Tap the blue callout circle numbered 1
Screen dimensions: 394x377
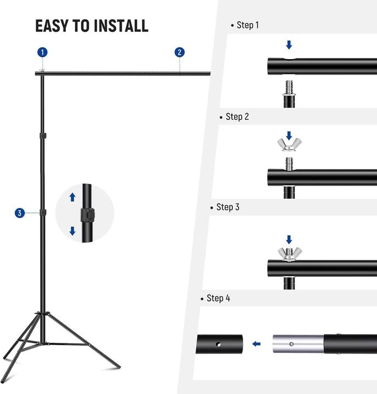pyautogui.click(x=42, y=53)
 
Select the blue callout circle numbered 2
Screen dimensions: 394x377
pyautogui.click(x=179, y=53)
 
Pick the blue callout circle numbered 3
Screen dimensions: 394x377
pyautogui.click(x=20, y=213)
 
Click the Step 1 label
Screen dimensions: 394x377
pyautogui.click(x=247, y=25)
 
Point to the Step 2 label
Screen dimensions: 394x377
pyautogui.click(x=237, y=117)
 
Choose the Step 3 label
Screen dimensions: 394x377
pyautogui.click(x=227, y=207)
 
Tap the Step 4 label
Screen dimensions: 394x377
pyautogui.click(x=218, y=298)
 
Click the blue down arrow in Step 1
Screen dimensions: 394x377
pyautogui.click(x=289, y=44)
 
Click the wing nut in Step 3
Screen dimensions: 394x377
pyautogui.click(x=289, y=253)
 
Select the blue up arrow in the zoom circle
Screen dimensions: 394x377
pyautogui.click(x=72, y=197)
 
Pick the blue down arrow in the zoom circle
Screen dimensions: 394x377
pyautogui.click(x=72, y=231)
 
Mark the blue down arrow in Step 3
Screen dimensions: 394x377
pyautogui.click(x=289, y=240)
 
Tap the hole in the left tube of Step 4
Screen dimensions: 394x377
pyautogui.click(x=219, y=345)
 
